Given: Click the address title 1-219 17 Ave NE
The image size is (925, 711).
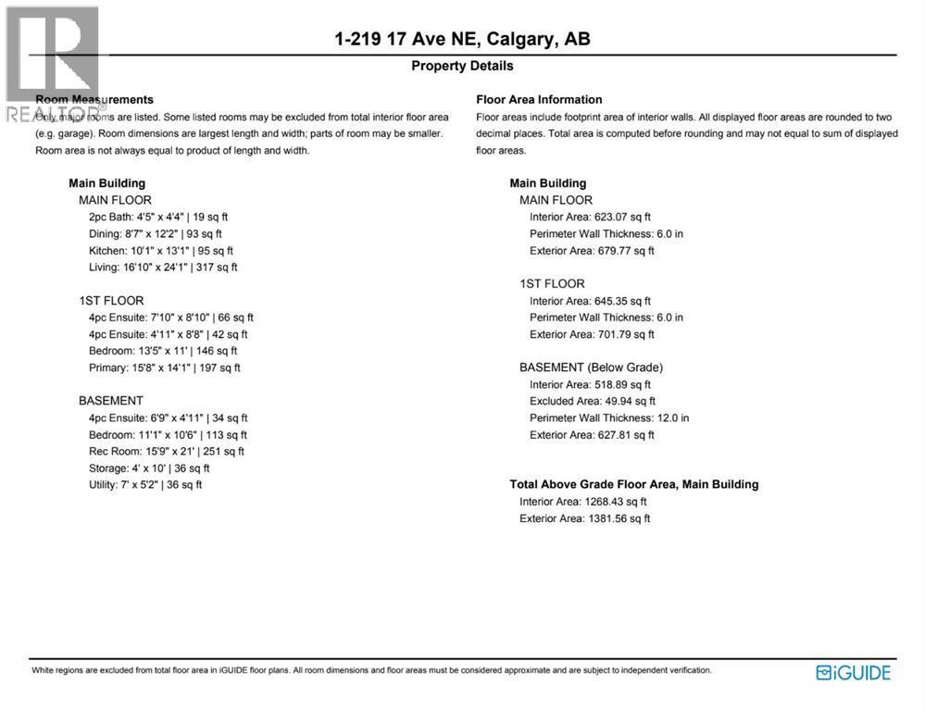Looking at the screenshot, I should coord(462,39).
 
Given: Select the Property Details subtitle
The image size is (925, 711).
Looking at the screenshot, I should coord(462,66).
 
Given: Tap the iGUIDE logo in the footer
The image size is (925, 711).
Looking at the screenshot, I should coord(853,673).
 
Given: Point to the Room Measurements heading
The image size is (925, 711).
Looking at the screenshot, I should coord(94,100).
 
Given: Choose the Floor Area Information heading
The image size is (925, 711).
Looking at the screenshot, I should coord(539,100).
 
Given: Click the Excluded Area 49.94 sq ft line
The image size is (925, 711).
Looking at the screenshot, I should coord(592,402).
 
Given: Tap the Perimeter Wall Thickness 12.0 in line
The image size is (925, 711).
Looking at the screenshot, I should coord(609,418).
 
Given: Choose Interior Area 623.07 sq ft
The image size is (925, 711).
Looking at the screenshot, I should coord(590,218).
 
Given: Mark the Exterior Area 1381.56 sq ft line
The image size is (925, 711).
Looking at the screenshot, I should coord(584,518).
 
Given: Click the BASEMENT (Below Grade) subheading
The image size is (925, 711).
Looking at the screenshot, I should coord(591,368).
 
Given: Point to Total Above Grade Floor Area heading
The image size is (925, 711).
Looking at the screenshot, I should coord(633,484).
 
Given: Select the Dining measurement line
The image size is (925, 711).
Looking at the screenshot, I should coord(156,234).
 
